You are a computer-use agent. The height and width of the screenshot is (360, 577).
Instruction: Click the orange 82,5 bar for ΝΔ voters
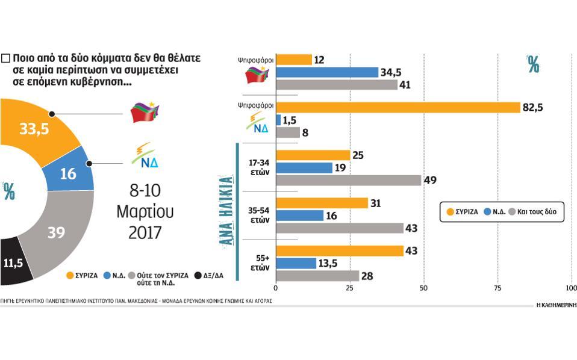tap(398, 108)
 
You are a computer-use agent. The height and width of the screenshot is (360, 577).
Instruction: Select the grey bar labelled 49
tap(348, 180)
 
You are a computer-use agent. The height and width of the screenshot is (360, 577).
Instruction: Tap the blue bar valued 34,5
tap(327, 72)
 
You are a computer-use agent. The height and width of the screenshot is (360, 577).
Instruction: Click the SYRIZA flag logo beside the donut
tap(145, 113)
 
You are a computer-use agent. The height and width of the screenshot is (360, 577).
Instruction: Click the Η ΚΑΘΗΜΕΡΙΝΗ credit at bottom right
tap(556, 305)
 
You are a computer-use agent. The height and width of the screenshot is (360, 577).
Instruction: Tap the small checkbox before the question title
tap(5, 58)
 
